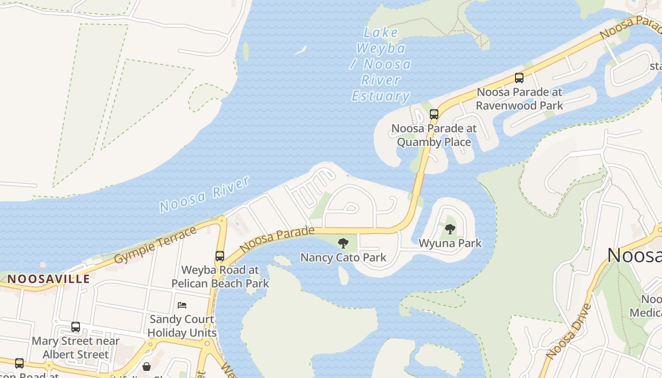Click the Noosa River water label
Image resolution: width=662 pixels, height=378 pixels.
point(204,194)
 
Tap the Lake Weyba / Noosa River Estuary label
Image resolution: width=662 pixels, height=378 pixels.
point(381,64)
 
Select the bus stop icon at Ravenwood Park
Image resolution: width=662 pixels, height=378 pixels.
point(519,78)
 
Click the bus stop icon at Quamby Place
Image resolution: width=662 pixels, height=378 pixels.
point(434,114)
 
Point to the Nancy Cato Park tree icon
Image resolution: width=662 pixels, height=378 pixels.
point(343,243)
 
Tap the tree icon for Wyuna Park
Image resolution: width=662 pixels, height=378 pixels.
point(450,229)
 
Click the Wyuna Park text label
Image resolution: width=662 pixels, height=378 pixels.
point(450,243)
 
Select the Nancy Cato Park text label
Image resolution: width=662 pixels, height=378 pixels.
point(343,258)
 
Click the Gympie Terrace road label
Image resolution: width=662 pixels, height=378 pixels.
point(155,245)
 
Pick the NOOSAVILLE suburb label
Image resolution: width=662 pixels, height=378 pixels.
point(48,279)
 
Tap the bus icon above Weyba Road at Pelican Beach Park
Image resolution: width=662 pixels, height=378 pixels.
point(219,256)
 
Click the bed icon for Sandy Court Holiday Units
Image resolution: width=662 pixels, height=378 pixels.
point(182,305)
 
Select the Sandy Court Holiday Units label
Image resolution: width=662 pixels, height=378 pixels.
point(182,326)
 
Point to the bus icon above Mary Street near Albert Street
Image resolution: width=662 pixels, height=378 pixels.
point(75,326)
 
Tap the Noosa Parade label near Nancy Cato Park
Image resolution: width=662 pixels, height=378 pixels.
point(277,239)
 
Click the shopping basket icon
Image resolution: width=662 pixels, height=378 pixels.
point(147,367)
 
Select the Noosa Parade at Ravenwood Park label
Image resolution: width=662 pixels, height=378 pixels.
point(519,98)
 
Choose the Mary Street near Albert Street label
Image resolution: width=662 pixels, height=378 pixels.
point(76,347)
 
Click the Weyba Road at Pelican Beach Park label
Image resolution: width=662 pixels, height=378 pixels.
point(220,277)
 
